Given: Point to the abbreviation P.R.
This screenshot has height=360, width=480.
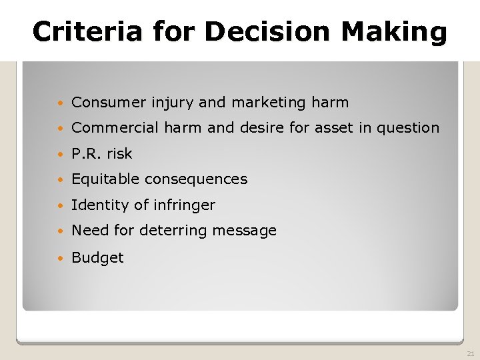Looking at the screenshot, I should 86,153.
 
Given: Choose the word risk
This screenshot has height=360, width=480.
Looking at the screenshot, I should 119,153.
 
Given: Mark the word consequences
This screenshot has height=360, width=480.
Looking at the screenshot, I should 196,179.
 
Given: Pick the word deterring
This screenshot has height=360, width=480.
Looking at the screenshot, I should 162,231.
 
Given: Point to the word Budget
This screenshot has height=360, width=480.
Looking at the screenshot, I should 97,257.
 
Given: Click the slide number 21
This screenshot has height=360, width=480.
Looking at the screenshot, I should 470,353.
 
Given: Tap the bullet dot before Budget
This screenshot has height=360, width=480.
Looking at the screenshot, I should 61,258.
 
